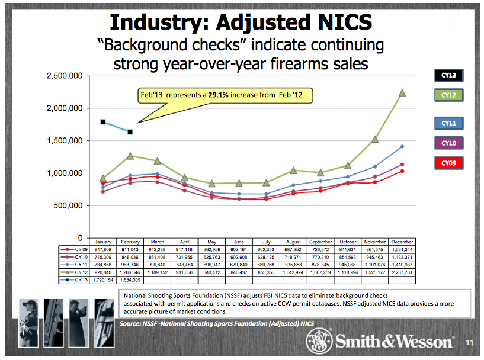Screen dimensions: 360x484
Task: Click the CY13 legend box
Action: tap(448, 75)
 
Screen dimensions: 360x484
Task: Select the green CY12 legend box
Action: tap(448, 95)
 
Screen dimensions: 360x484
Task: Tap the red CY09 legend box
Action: tap(448, 163)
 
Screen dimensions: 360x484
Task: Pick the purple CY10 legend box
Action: tap(448, 143)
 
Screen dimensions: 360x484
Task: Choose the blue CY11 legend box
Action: tap(448, 123)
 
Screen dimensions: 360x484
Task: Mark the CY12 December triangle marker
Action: tap(402, 93)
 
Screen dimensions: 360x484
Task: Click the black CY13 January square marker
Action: tap(103, 122)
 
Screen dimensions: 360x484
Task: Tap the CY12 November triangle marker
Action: tap(374, 139)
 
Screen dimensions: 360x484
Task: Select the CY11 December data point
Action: tap(402, 146)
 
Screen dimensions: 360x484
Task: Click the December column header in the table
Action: tap(402, 242)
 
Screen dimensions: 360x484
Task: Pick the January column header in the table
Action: tap(103, 242)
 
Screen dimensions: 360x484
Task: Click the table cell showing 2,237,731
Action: tap(402, 272)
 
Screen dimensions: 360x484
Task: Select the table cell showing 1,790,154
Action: tap(103, 279)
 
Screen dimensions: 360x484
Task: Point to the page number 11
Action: tap(470, 343)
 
